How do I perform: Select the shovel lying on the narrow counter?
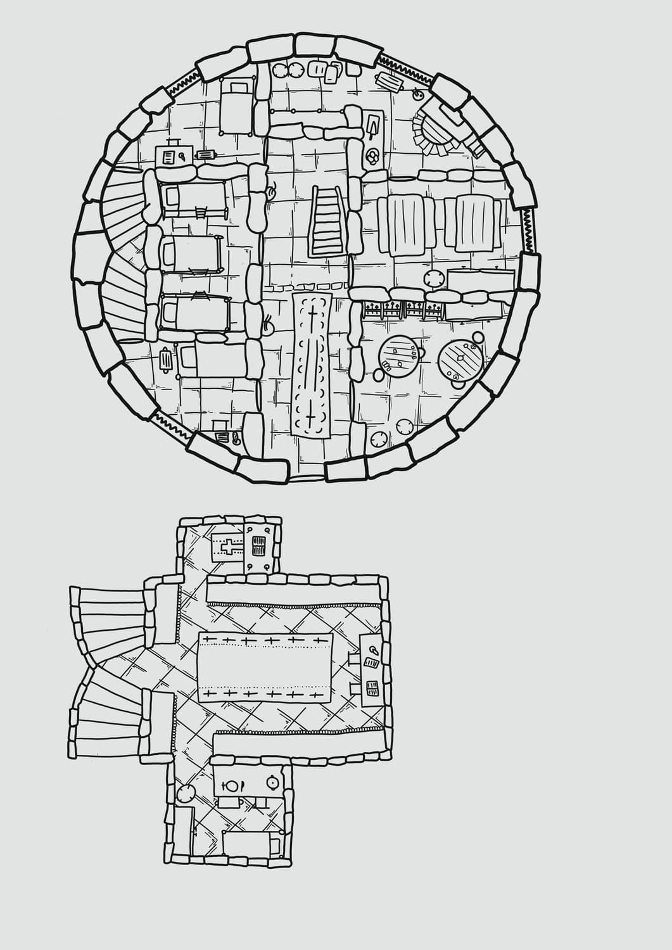[373, 125]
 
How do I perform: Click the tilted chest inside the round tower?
[390, 82]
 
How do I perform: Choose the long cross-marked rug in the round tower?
[312, 364]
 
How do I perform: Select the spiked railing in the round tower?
[402, 310]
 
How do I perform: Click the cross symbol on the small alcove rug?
[229, 544]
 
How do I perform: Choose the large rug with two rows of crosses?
[266, 668]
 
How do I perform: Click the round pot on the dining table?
[272, 783]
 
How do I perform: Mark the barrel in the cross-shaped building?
[186, 794]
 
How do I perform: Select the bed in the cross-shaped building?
[252, 845]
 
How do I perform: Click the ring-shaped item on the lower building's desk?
[371, 649]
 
